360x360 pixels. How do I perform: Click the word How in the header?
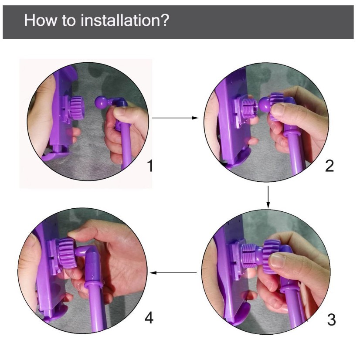[x=41, y=20]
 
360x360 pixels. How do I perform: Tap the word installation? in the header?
[x=125, y=20]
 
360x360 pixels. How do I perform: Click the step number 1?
[x=150, y=166]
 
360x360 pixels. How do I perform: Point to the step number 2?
[x=329, y=166]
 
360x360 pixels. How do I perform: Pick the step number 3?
[x=331, y=319]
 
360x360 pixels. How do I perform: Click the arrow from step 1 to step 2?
[x=175, y=118]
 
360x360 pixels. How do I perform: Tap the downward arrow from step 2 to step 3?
[x=268, y=197]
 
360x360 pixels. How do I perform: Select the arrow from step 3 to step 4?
[x=173, y=273]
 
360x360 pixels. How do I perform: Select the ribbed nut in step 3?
[x=272, y=256]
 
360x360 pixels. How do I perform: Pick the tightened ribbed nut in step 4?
[x=67, y=253]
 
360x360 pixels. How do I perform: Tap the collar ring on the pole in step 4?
[x=93, y=285]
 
